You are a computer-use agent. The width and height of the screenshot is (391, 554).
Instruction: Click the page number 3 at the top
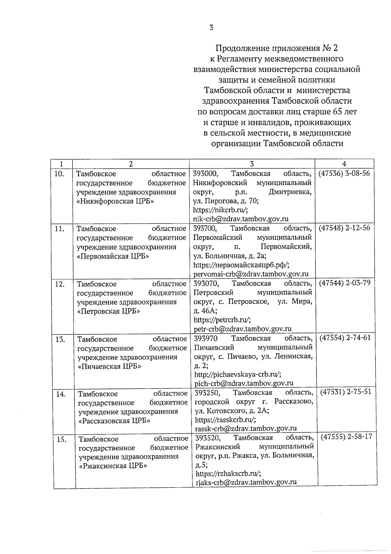(x=211, y=28)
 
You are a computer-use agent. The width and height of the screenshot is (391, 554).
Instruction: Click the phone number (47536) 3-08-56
(x=344, y=173)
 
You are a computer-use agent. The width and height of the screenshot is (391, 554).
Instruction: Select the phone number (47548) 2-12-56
(x=344, y=228)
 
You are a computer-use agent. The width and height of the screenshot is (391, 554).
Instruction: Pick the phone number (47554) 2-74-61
(x=345, y=337)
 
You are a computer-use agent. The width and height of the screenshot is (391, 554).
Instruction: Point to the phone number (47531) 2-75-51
(x=346, y=392)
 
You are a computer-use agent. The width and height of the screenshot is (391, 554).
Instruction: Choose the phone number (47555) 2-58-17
(x=346, y=437)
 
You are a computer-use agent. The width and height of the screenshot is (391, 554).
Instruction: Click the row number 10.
(x=59, y=174)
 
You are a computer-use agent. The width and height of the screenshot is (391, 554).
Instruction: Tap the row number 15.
(x=61, y=439)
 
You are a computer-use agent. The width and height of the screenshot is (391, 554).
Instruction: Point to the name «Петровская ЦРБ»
(x=109, y=311)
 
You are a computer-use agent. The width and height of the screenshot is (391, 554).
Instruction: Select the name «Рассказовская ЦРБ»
(x=114, y=421)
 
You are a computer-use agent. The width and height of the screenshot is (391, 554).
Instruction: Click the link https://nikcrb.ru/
(x=220, y=210)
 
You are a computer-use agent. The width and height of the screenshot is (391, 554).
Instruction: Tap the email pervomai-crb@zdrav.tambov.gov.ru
(x=251, y=274)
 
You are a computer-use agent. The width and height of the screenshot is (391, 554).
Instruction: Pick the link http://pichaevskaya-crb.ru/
(x=238, y=374)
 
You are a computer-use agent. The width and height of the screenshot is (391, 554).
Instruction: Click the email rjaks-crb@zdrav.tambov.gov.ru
(x=246, y=482)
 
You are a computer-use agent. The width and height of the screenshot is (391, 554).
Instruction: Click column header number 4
(x=344, y=164)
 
